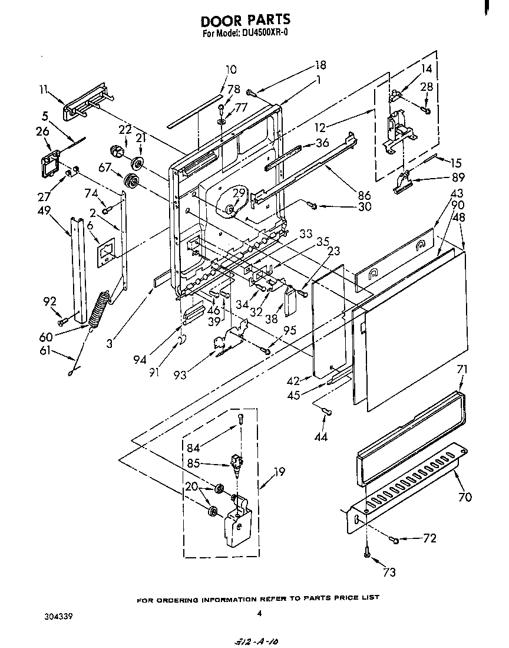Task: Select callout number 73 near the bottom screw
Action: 389,571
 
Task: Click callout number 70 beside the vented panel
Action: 465,496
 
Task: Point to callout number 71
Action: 462,370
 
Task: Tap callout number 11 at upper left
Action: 43,89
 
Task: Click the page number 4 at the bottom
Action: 259,613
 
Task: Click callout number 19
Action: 280,471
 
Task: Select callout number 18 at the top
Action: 320,65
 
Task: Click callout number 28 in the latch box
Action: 427,87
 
